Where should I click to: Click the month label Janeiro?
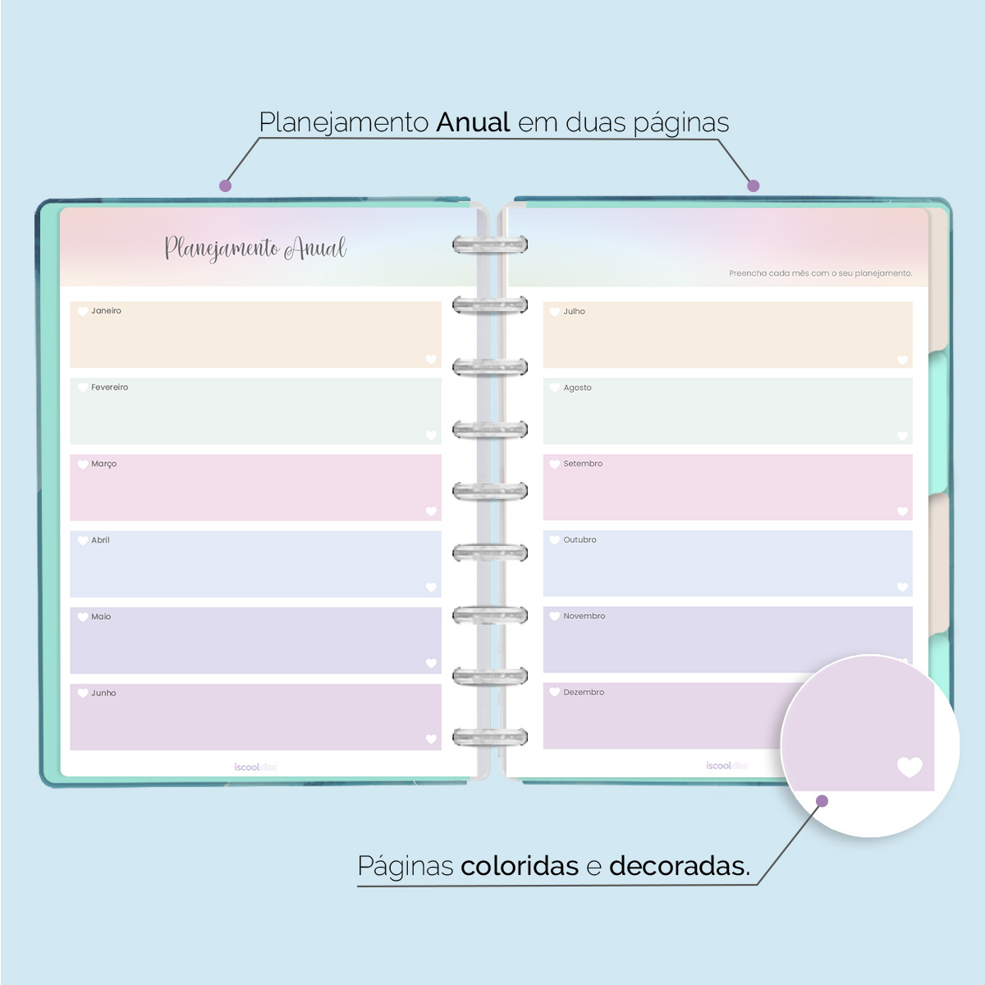pyautogui.click(x=106, y=311)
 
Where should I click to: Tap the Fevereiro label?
pyautogui.click(x=109, y=387)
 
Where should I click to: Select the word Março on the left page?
pyautogui.click(x=103, y=464)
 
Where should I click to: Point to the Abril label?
pyautogui.click(x=100, y=540)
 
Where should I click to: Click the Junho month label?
pyautogui.click(x=103, y=693)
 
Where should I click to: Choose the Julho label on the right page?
pyautogui.click(x=574, y=312)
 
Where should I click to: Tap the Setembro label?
pyautogui.click(x=583, y=464)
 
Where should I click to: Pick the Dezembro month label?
pyautogui.click(x=584, y=693)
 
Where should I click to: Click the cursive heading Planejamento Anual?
pyautogui.click(x=255, y=248)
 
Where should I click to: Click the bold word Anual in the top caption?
pyautogui.click(x=474, y=122)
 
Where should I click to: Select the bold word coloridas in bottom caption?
pyautogui.click(x=520, y=866)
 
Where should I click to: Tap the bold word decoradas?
pyautogui.click(x=679, y=866)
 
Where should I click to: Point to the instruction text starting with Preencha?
pyautogui.click(x=820, y=273)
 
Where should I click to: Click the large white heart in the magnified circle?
pyautogui.click(x=909, y=767)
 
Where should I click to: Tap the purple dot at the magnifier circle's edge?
pyautogui.click(x=822, y=801)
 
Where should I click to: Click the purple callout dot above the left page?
pyautogui.click(x=225, y=186)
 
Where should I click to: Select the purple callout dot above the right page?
pyautogui.click(x=754, y=186)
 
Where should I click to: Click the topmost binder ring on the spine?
pyautogui.click(x=490, y=245)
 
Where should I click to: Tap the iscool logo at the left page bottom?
pyautogui.click(x=255, y=767)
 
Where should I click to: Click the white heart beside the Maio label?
pyautogui.click(x=83, y=616)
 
